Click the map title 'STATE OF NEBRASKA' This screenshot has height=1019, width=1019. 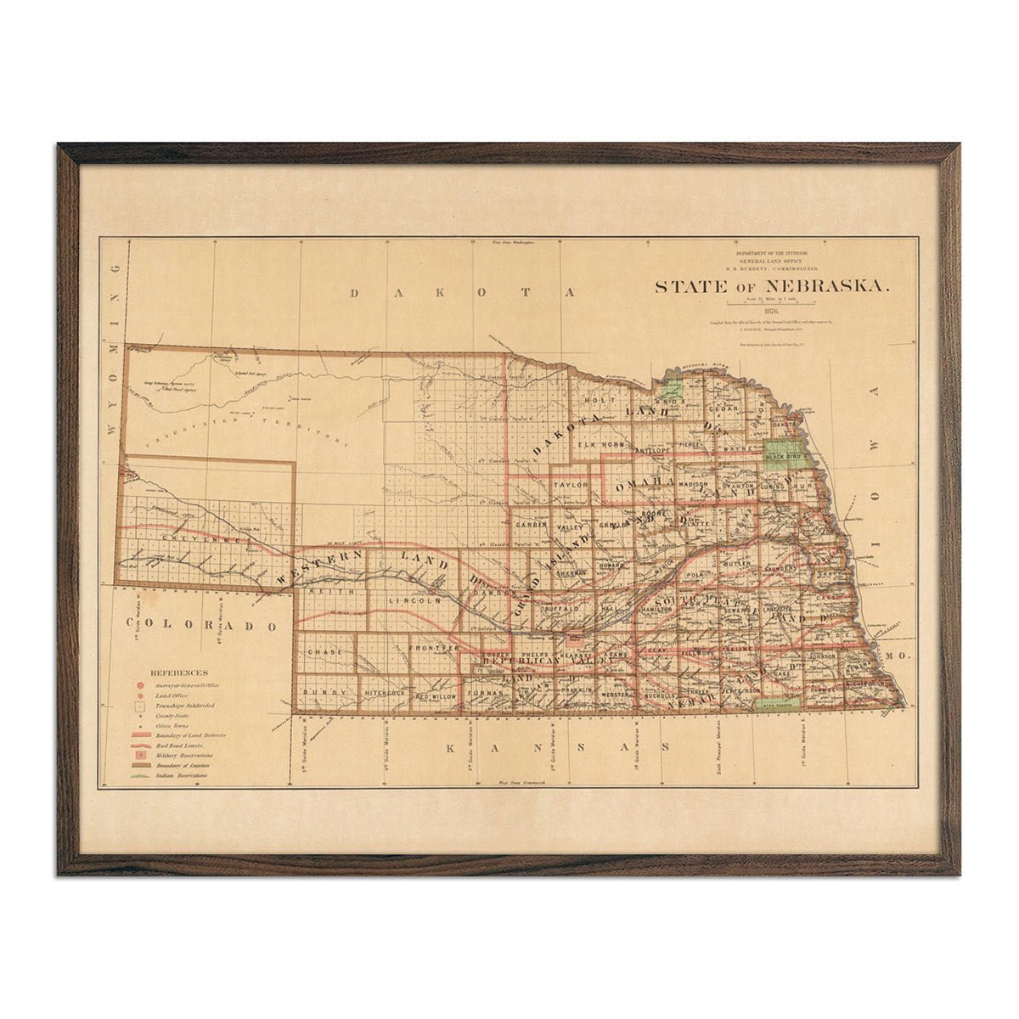[772, 286]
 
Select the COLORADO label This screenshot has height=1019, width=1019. [211, 626]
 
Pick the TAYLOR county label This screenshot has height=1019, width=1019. [571, 484]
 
